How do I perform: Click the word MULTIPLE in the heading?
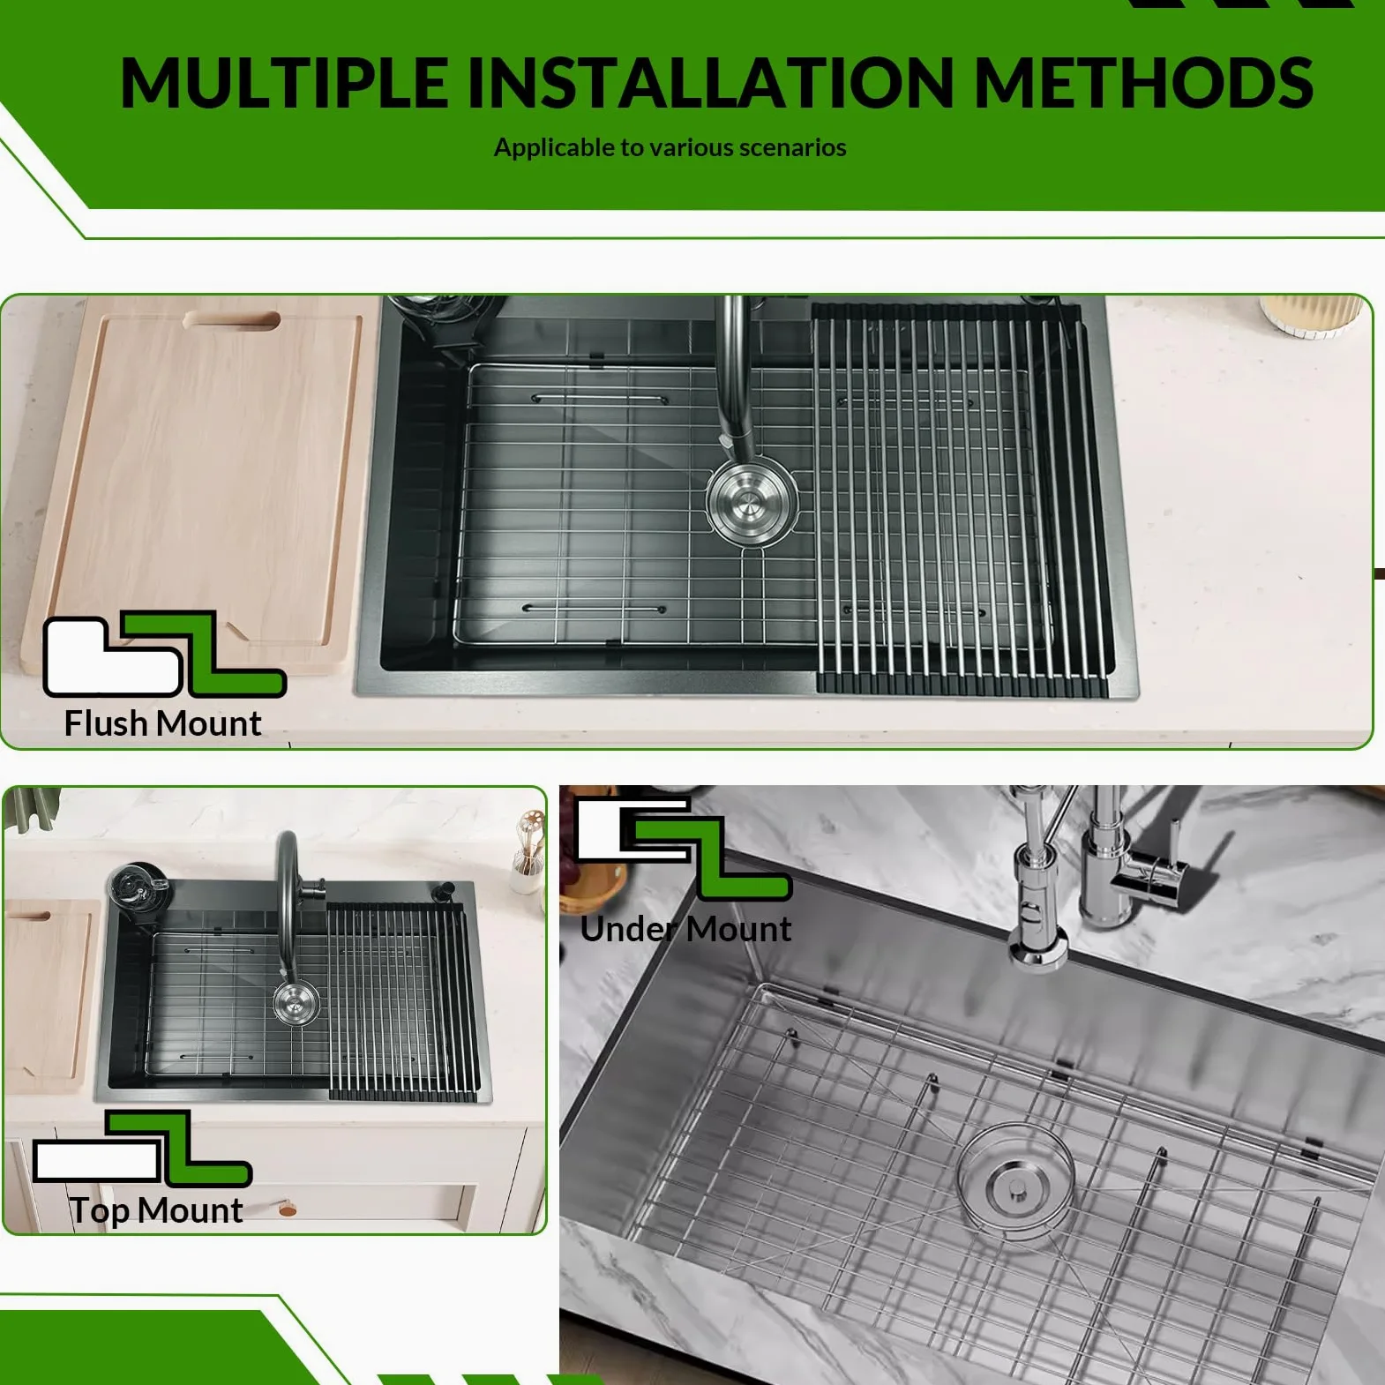click(284, 82)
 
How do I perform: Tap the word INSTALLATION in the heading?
click(710, 82)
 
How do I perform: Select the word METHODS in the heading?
click(1143, 82)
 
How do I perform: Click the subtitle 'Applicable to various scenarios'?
click(670, 147)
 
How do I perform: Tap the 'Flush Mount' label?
click(162, 723)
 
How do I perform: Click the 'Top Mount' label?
click(156, 1211)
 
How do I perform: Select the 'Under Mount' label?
click(685, 929)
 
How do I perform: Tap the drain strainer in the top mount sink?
click(296, 1004)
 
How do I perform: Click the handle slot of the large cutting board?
click(232, 320)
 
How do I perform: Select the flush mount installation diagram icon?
click(165, 654)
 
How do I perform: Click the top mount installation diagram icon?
click(142, 1148)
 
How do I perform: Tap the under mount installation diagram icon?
click(684, 848)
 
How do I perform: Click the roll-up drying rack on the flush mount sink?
click(960, 498)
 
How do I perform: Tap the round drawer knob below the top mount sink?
click(288, 1209)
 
